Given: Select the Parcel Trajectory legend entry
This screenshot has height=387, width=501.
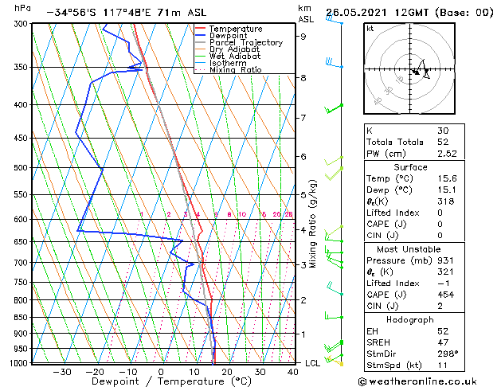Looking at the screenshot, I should (x=246, y=43).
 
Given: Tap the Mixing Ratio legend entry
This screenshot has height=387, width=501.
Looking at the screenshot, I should (x=236, y=70).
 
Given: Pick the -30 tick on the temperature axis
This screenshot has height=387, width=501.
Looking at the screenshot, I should (x=61, y=372).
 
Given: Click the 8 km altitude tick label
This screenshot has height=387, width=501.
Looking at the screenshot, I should (x=303, y=78).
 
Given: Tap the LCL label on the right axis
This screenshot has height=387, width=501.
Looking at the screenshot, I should (x=313, y=363).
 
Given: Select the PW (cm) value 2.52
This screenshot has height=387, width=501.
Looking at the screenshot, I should (x=447, y=154).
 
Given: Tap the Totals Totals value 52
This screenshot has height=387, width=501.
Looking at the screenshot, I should (x=443, y=142).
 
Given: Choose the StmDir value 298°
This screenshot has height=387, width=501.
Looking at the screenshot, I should (x=448, y=353).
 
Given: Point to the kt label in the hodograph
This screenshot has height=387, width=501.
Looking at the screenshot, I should (x=370, y=28).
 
